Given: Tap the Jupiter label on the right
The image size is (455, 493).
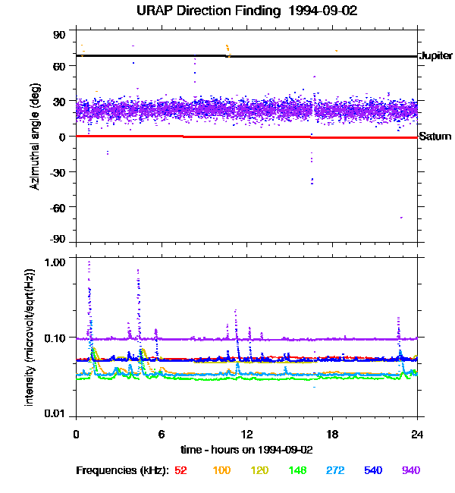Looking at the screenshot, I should (435, 56).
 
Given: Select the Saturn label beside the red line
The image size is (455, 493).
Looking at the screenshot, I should (435, 137).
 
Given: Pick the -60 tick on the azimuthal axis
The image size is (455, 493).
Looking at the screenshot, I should (58, 206).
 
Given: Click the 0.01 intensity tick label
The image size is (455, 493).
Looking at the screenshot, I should (57, 413).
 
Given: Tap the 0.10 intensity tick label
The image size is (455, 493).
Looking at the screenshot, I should (57, 338).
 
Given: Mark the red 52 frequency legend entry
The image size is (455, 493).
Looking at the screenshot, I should (180, 470).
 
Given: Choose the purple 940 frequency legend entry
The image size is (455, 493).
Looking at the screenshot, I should (410, 470).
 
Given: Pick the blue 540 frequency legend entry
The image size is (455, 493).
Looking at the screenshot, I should (372, 470).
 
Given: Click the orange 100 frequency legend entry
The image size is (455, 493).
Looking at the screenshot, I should (221, 470).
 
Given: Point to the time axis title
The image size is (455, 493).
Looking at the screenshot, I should (246, 448).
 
